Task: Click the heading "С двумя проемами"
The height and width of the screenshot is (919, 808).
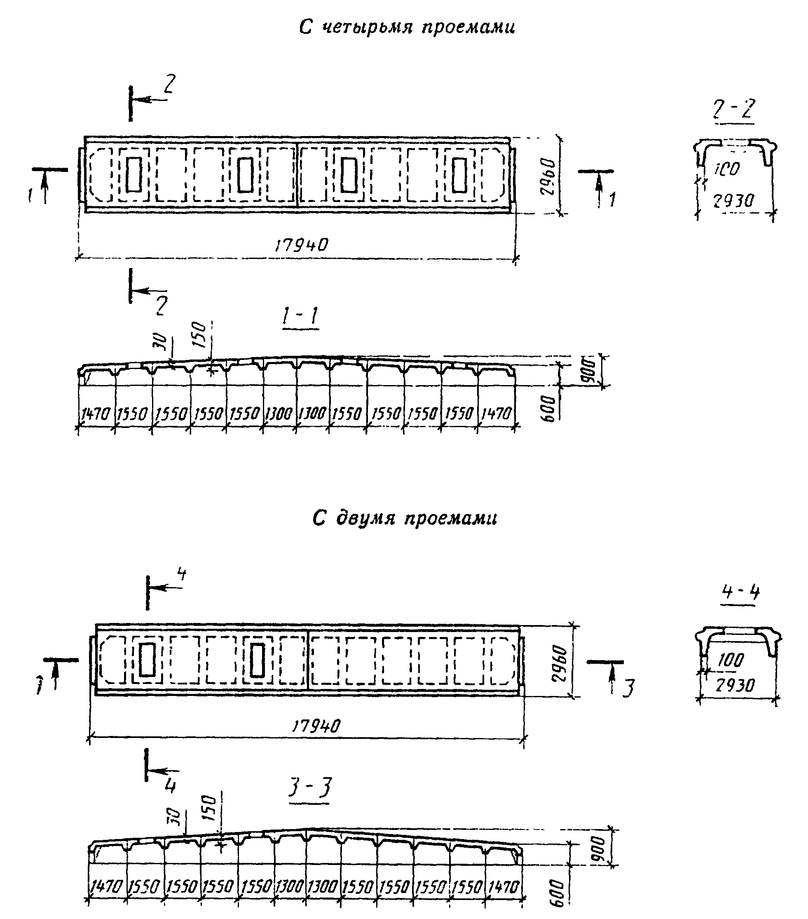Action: (x=405, y=518)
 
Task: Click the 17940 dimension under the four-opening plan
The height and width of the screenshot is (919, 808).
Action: (x=301, y=245)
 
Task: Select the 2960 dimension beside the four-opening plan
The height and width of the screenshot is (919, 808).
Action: (x=549, y=176)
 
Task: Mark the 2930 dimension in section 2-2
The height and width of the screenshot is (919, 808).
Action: (x=733, y=201)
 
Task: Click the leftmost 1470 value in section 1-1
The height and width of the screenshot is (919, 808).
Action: (x=95, y=414)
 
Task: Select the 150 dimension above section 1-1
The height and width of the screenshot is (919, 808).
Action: (x=199, y=334)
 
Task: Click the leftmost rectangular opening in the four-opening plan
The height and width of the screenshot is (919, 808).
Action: (x=134, y=174)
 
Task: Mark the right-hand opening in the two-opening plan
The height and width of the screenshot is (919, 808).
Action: (x=257, y=660)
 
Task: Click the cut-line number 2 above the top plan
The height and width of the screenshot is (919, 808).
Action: (x=169, y=85)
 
